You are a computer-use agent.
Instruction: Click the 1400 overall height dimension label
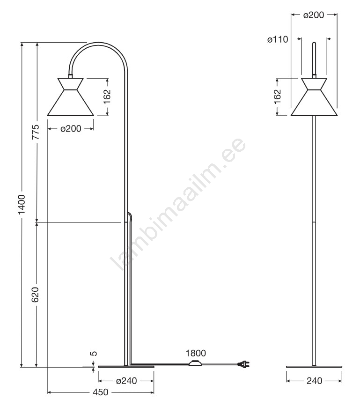(x=22, y=204)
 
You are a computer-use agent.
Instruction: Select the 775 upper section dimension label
(x=36, y=132)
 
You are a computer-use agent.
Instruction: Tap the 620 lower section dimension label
(x=35, y=295)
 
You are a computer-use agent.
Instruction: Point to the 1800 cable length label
(x=196, y=353)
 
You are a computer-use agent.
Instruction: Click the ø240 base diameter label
(x=126, y=381)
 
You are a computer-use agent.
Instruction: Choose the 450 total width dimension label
(x=100, y=392)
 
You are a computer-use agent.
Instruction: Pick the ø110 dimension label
(x=278, y=39)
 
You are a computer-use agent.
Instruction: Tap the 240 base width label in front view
(x=314, y=381)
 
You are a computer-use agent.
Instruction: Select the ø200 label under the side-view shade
(x=71, y=128)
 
